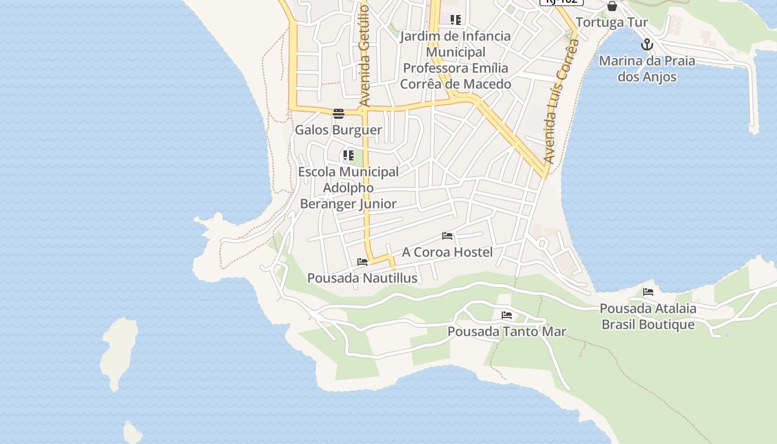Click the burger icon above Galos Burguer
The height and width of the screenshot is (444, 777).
pyautogui.click(x=339, y=114)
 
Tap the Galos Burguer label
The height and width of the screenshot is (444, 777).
pyautogui.click(x=339, y=130)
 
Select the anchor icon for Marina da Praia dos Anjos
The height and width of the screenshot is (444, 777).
pyautogui.click(x=647, y=44)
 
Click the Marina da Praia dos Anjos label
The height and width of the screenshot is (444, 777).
pyautogui.click(x=647, y=69)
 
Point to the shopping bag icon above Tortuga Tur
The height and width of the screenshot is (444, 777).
pyautogui.click(x=612, y=6)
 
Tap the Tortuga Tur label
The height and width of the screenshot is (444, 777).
pyautogui.click(x=612, y=23)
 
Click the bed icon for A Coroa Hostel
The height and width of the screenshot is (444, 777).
pyautogui.click(x=447, y=236)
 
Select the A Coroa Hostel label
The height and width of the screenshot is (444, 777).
pyautogui.click(x=447, y=253)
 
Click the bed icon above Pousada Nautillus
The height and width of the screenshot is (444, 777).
pyautogui.click(x=362, y=262)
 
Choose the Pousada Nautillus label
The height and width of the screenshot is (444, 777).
pyautogui.click(x=362, y=279)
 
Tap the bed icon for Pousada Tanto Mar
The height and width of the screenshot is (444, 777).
pyautogui.click(x=507, y=315)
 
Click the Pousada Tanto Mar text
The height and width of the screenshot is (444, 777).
pyautogui.click(x=507, y=332)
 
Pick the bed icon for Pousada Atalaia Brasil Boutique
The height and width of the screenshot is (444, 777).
pyautogui.click(x=648, y=292)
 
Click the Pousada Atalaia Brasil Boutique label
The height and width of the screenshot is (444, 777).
pyautogui.click(x=648, y=316)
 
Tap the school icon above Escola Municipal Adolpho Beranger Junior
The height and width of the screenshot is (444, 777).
pyautogui.click(x=349, y=155)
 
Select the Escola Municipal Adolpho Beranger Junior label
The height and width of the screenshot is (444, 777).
pyautogui.click(x=349, y=188)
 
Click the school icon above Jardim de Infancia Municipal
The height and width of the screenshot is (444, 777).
pyautogui.click(x=456, y=21)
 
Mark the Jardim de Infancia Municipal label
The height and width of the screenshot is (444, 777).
pyautogui.click(x=456, y=60)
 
